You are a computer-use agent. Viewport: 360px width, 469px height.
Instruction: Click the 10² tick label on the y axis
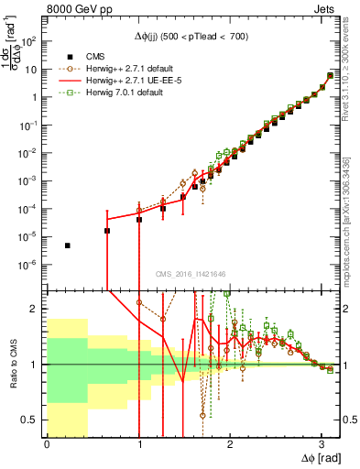click(x=29, y=41)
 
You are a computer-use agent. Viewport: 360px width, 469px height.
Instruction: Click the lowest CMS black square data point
click(x=68, y=245)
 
